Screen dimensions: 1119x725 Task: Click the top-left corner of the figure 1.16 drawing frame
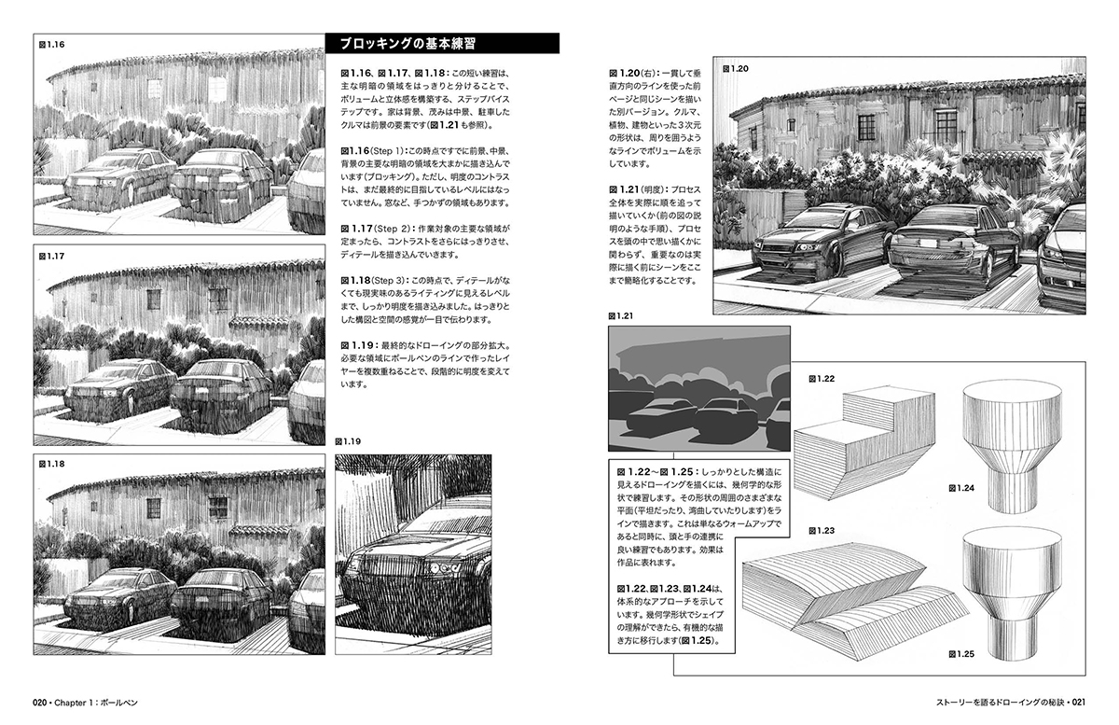coord(34,34)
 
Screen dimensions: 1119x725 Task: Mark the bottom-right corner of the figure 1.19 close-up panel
coord(491,654)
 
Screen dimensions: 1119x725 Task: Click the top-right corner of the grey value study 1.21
coord(791,327)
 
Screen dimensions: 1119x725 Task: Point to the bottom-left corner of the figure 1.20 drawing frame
coord(713,314)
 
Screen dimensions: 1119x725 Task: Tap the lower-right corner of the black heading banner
coord(559,53)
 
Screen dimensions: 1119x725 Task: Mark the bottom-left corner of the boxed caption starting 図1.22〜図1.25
coord(608,653)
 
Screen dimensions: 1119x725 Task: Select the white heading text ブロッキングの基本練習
coord(408,44)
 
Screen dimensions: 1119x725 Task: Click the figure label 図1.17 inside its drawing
coord(52,256)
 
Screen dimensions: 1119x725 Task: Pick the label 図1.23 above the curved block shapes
coord(822,531)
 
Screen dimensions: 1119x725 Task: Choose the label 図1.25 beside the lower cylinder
coord(961,654)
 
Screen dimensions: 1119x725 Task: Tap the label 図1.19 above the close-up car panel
coord(348,441)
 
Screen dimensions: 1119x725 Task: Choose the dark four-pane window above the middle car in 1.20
coord(946,126)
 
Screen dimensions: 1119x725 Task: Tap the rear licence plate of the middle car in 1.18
coord(200,599)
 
